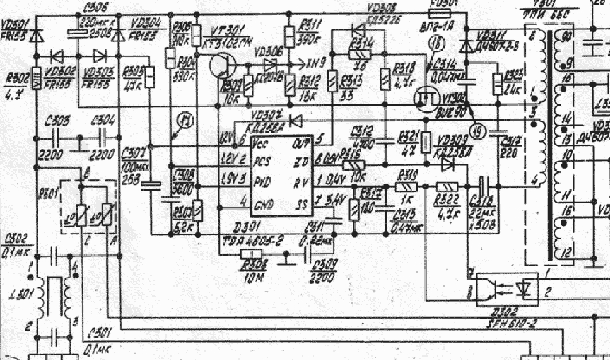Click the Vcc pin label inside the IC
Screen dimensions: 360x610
tap(262, 142)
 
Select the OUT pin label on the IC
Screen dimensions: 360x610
tap(302, 141)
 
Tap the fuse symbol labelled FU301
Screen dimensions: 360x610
tap(444, 14)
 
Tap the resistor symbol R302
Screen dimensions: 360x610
tap(37, 79)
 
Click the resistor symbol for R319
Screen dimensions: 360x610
tap(405, 187)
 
